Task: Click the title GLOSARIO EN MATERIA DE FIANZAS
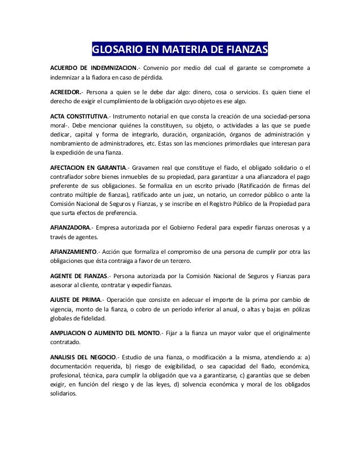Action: point(179,52)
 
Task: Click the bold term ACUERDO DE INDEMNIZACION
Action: point(94,69)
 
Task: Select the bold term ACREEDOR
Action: point(65,92)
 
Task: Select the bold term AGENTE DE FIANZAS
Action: point(79,275)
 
